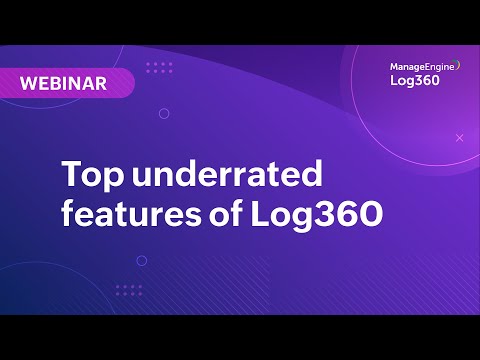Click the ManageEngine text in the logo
tap(421, 66)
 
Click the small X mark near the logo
tap(459, 137)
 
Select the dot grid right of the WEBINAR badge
tap(159, 68)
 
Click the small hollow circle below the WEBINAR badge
tap(164, 113)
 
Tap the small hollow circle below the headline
tap(141, 260)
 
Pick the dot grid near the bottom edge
tap(128, 290)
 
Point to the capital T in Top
tap(72, 176)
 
